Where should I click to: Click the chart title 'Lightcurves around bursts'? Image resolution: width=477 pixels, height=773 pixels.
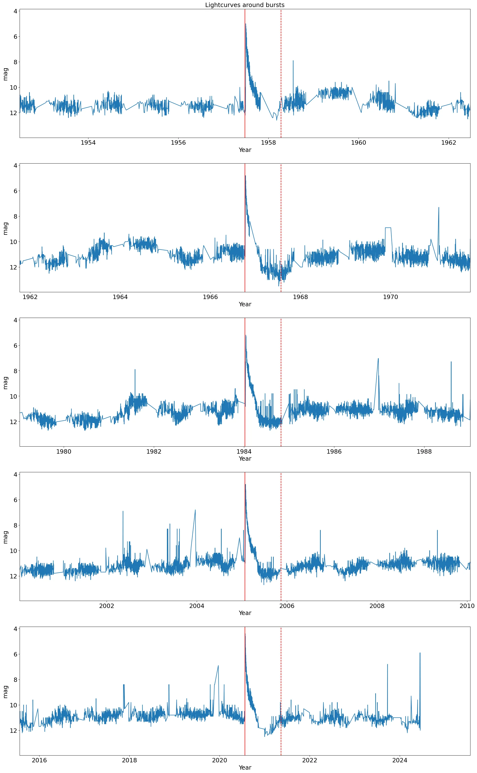click(245, 5)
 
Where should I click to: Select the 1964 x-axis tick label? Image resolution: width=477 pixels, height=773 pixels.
click(120, 297)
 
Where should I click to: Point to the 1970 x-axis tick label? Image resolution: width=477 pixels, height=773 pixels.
click(391, 297)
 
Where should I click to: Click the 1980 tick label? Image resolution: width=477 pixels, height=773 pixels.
click(64, 451)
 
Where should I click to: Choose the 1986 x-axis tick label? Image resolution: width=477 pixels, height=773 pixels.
click(334, 451)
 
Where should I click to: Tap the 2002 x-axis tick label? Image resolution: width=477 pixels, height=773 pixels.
click(107, 606)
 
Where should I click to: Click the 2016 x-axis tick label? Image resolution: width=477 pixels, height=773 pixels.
click(39, 760)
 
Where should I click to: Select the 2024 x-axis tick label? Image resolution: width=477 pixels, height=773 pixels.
click(400, 760)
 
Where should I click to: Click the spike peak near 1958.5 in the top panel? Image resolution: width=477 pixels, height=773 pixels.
click(293, 61)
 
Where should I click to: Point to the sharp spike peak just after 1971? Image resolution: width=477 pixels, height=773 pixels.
click(438, 208)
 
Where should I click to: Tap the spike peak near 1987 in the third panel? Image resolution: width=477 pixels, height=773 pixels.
click(378, 358)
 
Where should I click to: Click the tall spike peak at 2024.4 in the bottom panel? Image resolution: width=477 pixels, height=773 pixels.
click(420, 653)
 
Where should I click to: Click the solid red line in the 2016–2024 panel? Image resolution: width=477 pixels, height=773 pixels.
click(245, 710)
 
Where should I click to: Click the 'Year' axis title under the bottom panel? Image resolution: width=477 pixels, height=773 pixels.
click(245, 767)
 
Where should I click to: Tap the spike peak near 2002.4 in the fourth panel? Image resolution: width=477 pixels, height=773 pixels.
click(123, 511)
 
